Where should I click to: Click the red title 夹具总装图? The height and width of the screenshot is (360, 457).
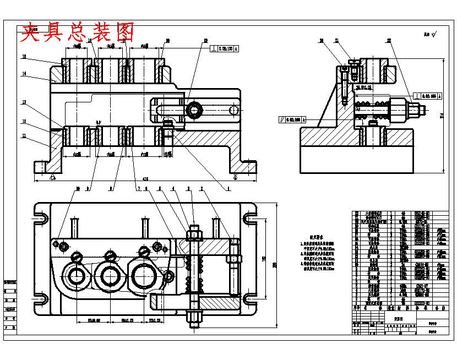[77, 32]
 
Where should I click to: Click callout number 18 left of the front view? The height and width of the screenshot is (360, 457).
[24, 57]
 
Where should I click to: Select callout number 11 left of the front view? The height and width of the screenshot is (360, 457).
[24, 135]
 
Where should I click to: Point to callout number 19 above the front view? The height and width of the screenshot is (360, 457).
[205, 41]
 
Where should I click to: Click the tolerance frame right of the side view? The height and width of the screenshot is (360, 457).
[428, 95]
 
